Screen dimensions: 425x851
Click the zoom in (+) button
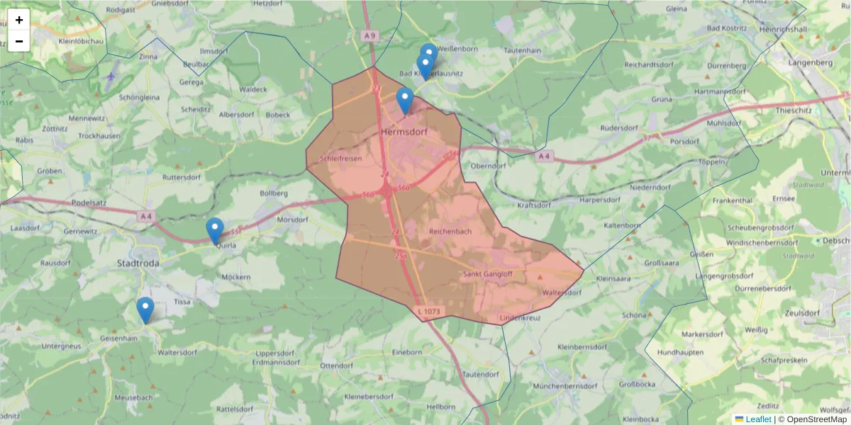click(19, 20)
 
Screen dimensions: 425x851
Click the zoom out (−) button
click(19, 41)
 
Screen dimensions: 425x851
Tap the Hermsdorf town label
click(406, 132)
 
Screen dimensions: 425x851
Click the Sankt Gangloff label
click(488, 274)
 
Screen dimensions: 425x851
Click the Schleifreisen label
click(341, 159)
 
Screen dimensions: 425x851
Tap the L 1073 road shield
click(430, 311)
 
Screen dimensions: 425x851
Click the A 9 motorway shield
click(369, 35)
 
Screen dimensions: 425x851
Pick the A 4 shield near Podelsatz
click(146, 216)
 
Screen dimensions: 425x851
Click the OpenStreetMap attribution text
click(812, 419)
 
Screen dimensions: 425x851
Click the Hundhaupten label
click(680, 352)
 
